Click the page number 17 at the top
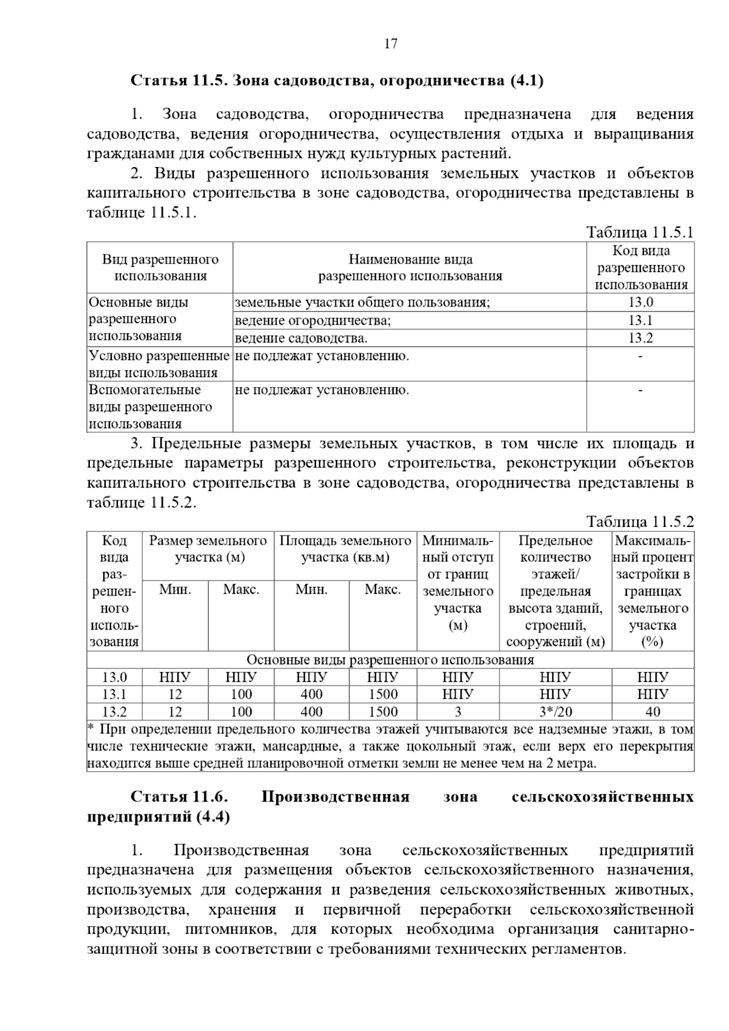click(x=391, y=44)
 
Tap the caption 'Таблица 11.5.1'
click(x=639, y=233)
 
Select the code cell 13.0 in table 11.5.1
click(x=640, y=302)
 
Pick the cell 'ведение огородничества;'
click(x=312, y=321)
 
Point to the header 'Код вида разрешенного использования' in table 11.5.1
click(x=641, y=268)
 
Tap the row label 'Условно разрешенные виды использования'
click(x=159, y=364)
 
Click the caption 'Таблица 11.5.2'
click(x=639, y=522)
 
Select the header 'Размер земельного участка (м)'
click(x=208, y=549)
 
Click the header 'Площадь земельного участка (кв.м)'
click(x=345, y=549)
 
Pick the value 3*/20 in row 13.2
click(x=555, y=712)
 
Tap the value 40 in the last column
click(x=652, y=712)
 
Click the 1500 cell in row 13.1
click(x=383, y=694)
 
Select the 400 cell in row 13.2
click(x=312, y=712)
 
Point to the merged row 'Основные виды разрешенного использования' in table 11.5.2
click(x=390, y=660)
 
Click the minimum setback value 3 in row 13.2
click(x=458, y=712)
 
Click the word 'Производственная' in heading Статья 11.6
click(x=335, y=797)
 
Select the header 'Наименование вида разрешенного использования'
click(x=410, y=268)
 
